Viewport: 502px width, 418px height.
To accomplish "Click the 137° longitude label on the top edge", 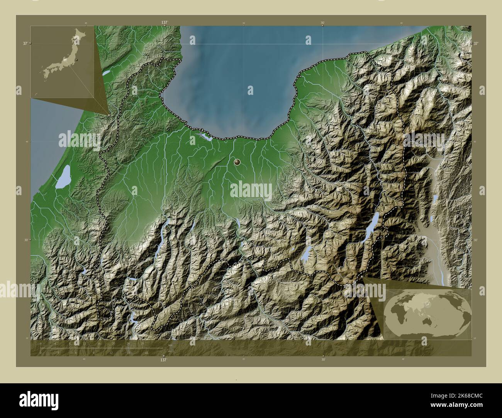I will point(165,23).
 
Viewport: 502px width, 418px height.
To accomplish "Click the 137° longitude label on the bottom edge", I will point(164,360).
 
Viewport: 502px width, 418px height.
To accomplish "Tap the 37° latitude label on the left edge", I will point(25,44).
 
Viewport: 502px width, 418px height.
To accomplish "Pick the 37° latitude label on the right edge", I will point(476,44).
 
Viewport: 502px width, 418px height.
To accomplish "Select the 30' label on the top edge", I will point(322,23).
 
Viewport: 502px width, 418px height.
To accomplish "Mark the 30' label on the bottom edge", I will point(323,360).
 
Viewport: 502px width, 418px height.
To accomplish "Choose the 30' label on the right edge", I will point(476,239).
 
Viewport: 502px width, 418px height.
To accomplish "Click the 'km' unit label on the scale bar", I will point(170,345).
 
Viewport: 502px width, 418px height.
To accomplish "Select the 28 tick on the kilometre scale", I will point(142,343).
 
